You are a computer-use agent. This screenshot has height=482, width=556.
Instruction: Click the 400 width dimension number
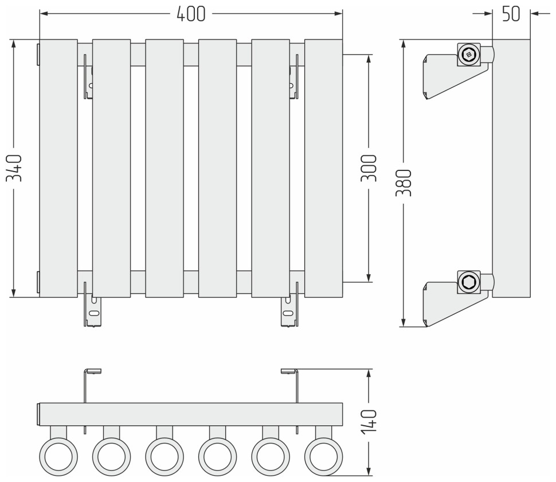(x=190, y=14)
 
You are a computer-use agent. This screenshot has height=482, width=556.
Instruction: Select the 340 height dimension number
(x=14, y=168)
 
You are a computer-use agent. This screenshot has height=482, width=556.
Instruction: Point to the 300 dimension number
(x=369, y=168)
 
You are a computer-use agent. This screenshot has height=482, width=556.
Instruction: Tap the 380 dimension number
(x=404, y=183)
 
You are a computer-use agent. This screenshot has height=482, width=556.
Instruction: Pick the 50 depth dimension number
(x=511, y=14)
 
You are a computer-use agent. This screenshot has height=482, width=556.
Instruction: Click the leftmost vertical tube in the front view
(x=58, y=168)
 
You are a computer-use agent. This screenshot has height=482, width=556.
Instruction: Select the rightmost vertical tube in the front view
(x=323, y=168)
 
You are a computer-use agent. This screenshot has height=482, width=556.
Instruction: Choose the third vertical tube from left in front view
(x=164, y=168)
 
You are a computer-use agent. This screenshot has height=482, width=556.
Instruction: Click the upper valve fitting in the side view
(x=469, y=55)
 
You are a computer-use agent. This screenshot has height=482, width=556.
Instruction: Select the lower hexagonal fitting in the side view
(x=469, y=282)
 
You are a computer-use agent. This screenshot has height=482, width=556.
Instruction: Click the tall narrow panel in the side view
(x=511, y=168)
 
